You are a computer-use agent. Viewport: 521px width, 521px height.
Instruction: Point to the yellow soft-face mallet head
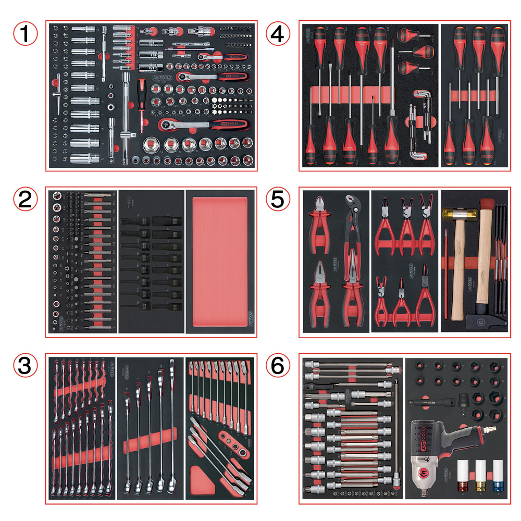tap(452, 214)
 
